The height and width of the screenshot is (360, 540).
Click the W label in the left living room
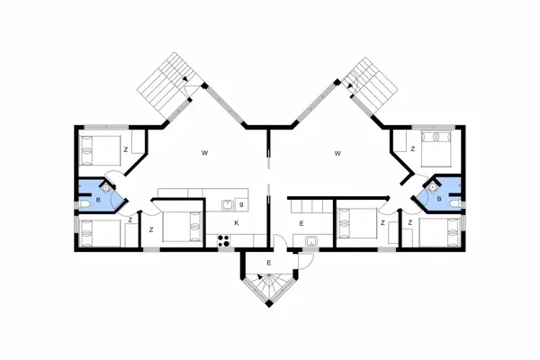coord(205,154)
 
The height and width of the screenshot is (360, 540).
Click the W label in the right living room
coord(337,154)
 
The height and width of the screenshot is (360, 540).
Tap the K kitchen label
coord(237,222)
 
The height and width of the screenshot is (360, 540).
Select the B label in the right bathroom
coord(438,199)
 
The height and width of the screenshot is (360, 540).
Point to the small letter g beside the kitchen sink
coord(242,204)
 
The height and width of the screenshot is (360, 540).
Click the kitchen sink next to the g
coord(229,205)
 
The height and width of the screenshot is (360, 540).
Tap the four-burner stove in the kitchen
coord(224,239)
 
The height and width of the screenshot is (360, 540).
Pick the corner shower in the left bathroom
coord(107,188)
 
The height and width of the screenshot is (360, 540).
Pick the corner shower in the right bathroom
coord(432,188)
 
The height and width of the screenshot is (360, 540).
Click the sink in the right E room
coord(310,240)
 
